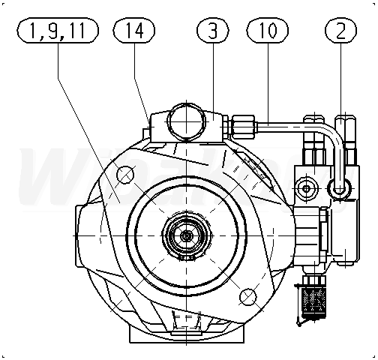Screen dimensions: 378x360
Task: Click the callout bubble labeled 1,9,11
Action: pos(58,31)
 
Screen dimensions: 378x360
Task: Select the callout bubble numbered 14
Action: pos(134,31)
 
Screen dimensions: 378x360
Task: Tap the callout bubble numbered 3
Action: pos(213,31)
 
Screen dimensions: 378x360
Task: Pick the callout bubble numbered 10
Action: pos(268,31)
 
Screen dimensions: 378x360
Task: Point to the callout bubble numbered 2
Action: pos(341,31)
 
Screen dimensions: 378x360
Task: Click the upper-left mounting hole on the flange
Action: pos(125,175)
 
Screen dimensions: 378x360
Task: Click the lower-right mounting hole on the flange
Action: pos(248,297)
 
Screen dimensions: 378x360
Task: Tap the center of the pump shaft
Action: pos(187,235)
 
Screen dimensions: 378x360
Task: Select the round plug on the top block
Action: pos(187,121)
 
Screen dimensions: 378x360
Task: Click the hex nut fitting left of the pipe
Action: pos(244,127)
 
